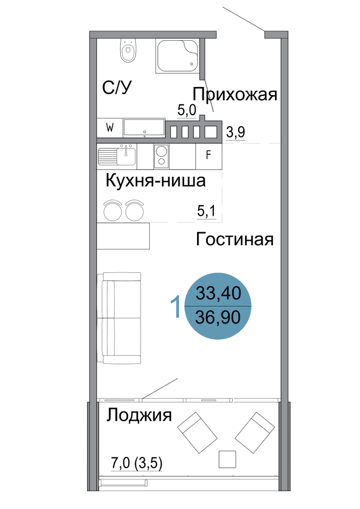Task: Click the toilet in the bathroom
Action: pos(128,50)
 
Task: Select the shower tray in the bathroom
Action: pos(178,56)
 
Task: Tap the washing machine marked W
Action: pos(109,128)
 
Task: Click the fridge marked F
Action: pos(209,156)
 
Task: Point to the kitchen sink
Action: pos(117,156)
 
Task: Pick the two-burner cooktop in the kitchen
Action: pos(161,156)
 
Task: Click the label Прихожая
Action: pos(235,95)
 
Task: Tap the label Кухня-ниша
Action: pos(155,180)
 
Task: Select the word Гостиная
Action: pos(235,239)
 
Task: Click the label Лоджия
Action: pos(139,415)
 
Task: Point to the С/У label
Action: pos(117,88)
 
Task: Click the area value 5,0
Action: pos(187,110)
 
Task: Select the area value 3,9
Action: pos(235,132)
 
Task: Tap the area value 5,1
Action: pos(206,211)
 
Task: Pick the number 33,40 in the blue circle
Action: pos(218,293)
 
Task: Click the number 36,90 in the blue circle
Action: pos(218,318)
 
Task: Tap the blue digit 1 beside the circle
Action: pos(176,306)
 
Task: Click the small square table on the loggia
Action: pos(227,459)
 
